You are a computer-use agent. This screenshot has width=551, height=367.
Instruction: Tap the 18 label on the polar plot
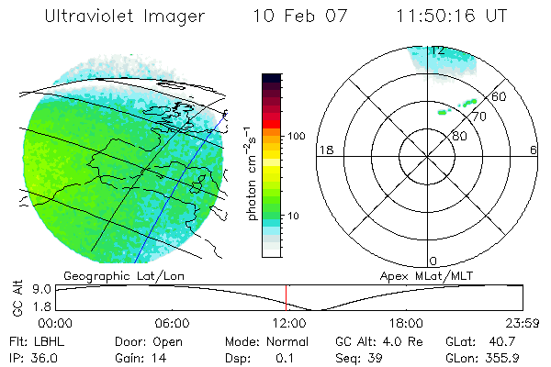pos(324,150)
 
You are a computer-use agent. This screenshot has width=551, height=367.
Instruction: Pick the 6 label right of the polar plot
pos(534,150)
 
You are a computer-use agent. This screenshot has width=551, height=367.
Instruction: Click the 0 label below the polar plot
pos(434,261)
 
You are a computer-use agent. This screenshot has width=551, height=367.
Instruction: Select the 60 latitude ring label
pos(499,96)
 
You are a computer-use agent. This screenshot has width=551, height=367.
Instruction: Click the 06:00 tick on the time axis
pos(172,323)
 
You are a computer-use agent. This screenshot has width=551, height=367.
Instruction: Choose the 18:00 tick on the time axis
pos(405,323)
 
